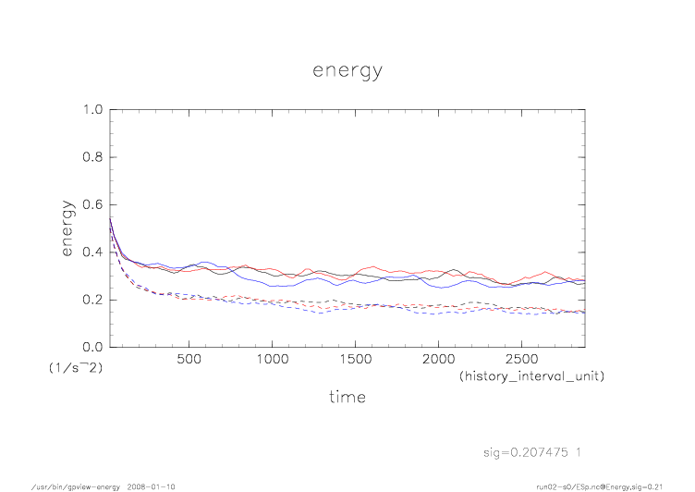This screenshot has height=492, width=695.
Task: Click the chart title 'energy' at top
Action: pyautogui.click(x=347, y=70)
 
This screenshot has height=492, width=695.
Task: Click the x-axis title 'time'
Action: pyautogui.click(x=347, y=397)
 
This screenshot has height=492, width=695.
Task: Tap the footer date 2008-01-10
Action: pyautogui.click(x=152, y=486)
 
